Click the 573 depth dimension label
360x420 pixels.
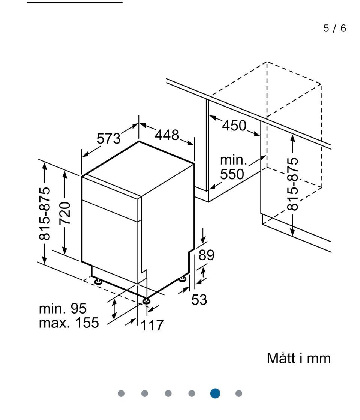[109, 139]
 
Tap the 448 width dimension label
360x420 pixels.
[167, 135]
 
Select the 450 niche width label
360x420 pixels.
[234, 126]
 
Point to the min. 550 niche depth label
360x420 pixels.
[234, 167]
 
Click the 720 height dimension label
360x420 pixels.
[65, 213]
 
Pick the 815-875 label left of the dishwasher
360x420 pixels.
[45, 213]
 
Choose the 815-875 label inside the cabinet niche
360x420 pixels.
[293, 184]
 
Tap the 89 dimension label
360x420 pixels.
[206, 255]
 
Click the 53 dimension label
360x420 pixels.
[199, 300]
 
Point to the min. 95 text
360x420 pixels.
[63, 308]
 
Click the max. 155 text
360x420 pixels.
[69, 322]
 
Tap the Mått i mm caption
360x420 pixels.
[299, 358]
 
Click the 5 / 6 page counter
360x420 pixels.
[335, 28]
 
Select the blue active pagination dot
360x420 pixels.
[215, 393]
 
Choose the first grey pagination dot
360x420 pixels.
[121, 393]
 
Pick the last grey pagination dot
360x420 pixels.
[239, 393]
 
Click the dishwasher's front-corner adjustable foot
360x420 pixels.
[146, 300]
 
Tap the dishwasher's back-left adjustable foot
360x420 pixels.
[98, 280]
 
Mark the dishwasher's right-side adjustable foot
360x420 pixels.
[183, 279]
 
